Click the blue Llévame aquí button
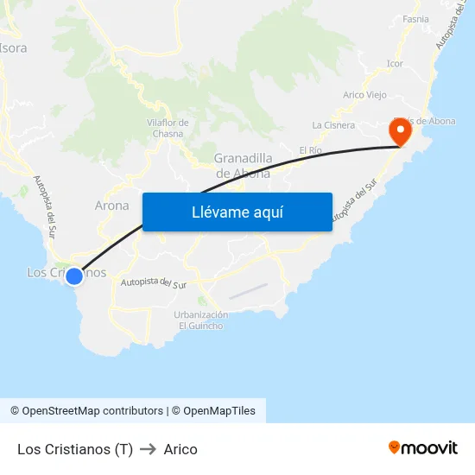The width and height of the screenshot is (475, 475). [237, 212]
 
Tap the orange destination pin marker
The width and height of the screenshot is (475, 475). [401, 131]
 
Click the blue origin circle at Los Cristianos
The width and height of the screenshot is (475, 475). [74, 275]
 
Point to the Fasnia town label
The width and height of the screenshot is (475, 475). [415, 19]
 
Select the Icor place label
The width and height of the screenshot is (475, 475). [395, 64]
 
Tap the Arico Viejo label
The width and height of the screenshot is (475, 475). [364, 95]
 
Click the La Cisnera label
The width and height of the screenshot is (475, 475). [333, 125]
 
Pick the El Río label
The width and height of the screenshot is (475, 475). [310, 150]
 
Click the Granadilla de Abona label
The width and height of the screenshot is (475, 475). [243, 165]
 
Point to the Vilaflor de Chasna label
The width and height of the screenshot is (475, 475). [168, 128]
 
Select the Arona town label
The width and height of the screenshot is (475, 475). [111, 206]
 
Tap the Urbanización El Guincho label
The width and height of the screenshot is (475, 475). [201, 320]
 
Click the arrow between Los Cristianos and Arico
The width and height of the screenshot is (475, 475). [148, 449]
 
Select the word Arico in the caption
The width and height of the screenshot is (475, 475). [180, 449]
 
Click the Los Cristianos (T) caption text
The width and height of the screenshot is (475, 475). [75, 449]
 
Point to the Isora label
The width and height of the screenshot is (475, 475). [14, 48]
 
